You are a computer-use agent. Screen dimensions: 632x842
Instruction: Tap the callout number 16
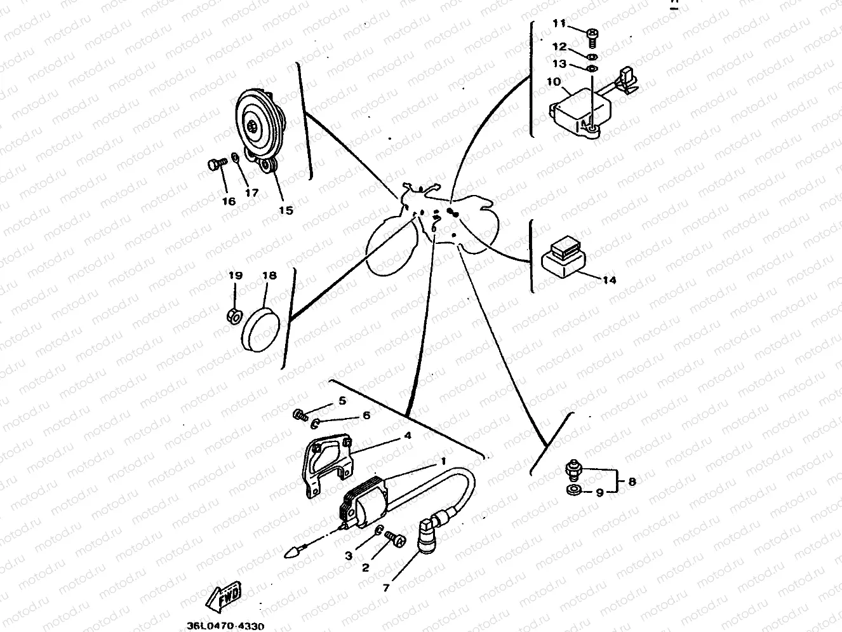[229, 201]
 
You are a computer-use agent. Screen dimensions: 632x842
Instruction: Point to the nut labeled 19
[233, 314]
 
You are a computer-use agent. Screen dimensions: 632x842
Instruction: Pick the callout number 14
[608, 280]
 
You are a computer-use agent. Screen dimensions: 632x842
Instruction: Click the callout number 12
[559, 46]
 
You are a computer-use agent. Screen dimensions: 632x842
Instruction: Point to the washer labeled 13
[591, 68]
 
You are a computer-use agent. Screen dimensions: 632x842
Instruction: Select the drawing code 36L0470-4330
[225, 626]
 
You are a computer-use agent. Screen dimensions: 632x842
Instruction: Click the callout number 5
[342, 401]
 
